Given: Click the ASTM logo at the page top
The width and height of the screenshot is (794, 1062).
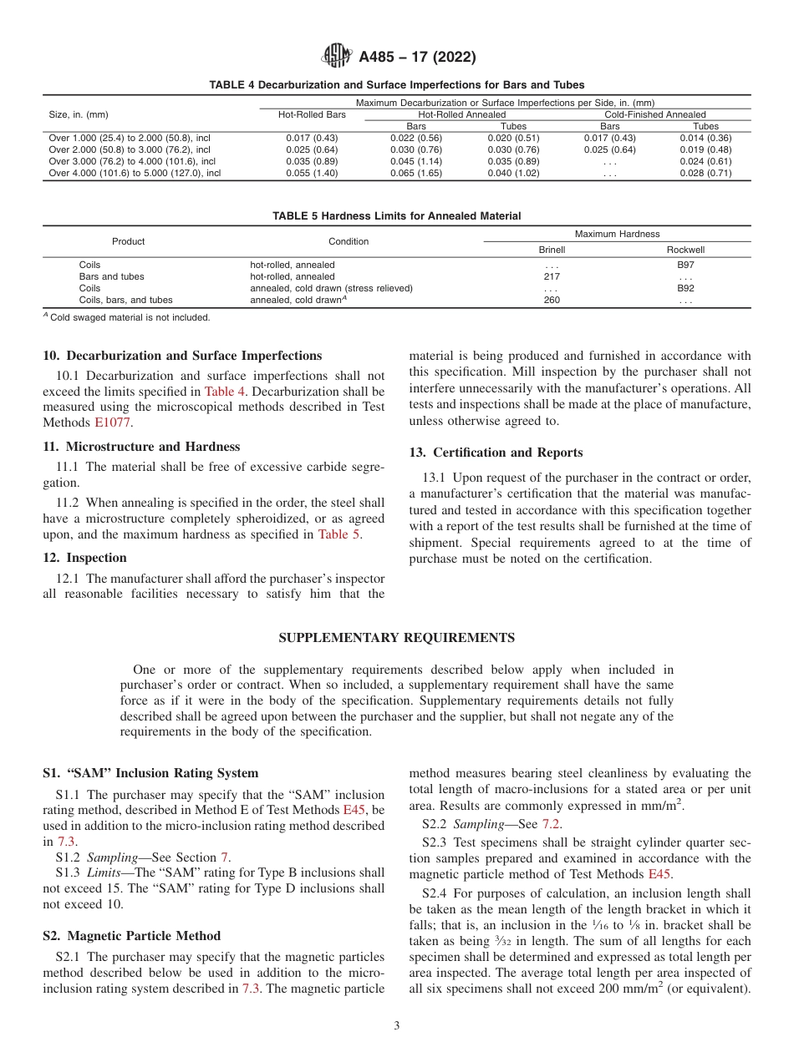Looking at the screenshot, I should coord(337,58).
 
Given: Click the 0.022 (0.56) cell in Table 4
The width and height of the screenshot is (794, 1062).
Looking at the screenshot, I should coord(416,138).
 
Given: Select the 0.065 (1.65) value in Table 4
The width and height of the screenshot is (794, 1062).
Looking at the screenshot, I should coord(416,174).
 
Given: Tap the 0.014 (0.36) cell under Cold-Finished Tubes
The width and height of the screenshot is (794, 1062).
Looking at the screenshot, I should coord(705,138).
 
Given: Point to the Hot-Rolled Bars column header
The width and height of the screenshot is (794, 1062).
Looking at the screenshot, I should coord(311,114).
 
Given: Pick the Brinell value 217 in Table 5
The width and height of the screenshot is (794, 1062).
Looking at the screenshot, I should coord(552,276).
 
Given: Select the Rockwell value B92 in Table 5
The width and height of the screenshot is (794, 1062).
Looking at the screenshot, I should coord(685,288).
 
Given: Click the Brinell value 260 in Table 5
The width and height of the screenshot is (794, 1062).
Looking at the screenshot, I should coord(552,300).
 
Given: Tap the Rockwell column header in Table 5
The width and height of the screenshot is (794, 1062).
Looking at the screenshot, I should coord(685,250).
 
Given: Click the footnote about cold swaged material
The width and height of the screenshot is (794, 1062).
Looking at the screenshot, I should coord(126,317).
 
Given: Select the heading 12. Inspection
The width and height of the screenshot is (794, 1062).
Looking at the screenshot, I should coord(84,558).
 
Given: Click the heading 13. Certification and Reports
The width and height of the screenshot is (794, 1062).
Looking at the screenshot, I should coord(496,453).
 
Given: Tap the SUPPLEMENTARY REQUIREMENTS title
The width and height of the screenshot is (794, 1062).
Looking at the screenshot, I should coord(396,638).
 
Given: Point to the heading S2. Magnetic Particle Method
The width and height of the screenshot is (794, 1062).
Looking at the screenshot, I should coord(131,935).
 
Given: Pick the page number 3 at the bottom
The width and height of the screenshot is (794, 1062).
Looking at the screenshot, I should coord(396,1026).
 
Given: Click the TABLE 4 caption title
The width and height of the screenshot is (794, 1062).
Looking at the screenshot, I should coord(396,85).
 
